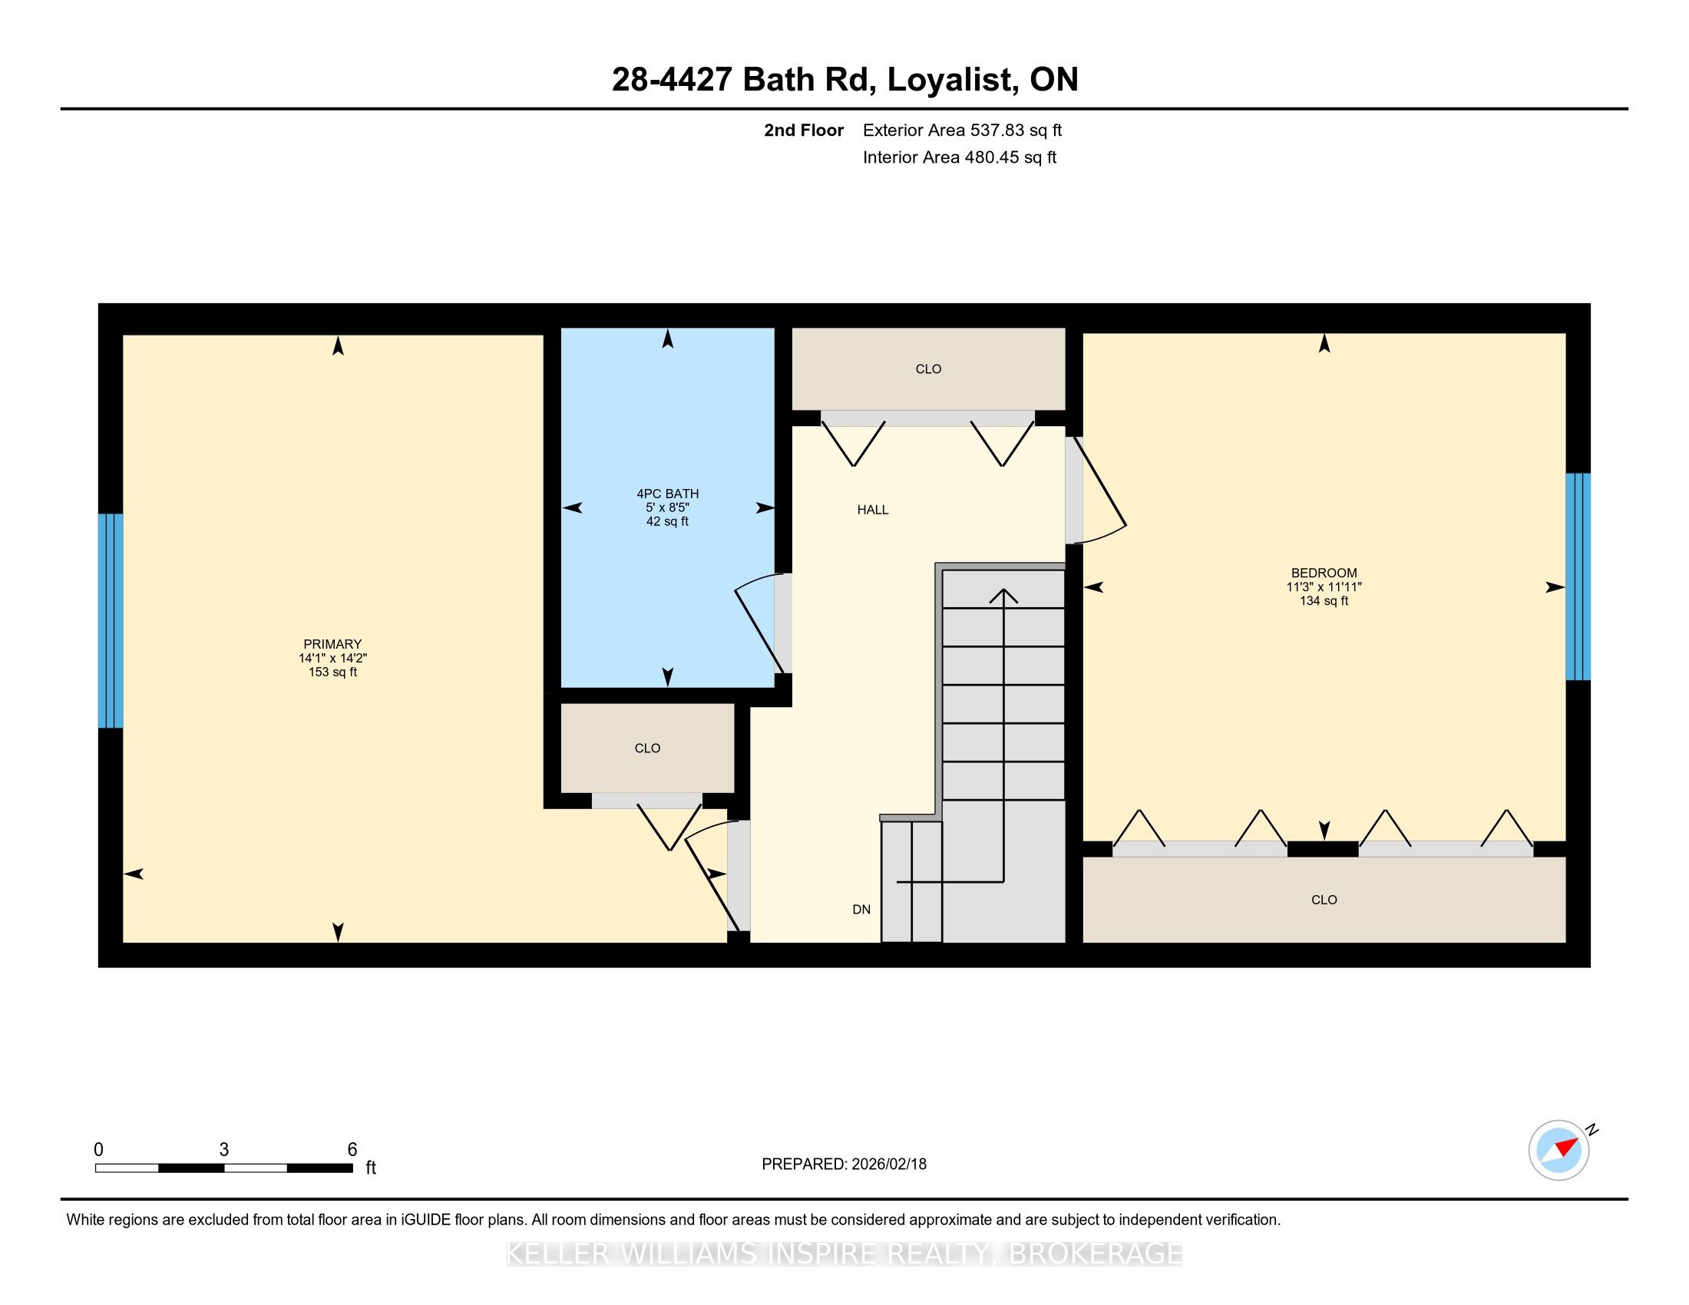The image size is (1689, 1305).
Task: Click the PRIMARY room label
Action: point(332,644)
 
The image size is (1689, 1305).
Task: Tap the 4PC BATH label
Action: point(667,494)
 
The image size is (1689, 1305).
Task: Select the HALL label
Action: point(872,510)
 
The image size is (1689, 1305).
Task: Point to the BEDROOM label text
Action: point(1324,573)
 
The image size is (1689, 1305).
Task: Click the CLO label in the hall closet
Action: point(928,369)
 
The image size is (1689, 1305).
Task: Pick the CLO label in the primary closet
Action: point(647,748)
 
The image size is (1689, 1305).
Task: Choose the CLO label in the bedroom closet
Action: point(1324,900)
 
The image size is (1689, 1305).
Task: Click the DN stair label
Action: point(861,910)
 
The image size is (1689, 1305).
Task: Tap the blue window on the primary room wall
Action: point(111,621)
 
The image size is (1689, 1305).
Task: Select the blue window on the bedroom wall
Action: point(1578,577)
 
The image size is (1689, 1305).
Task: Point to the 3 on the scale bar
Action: point(224,1150)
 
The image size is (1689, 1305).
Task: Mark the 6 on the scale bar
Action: point(352,1150)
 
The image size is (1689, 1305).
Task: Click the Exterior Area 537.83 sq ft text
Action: point(962,130)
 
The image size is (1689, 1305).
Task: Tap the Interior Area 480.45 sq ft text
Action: point(959,157)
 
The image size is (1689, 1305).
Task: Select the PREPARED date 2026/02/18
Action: point(887,1165)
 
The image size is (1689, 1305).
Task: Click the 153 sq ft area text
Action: point(332,672)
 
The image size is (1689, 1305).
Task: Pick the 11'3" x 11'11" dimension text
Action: point(1324,586)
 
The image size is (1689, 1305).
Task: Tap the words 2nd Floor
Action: point(804,130)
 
